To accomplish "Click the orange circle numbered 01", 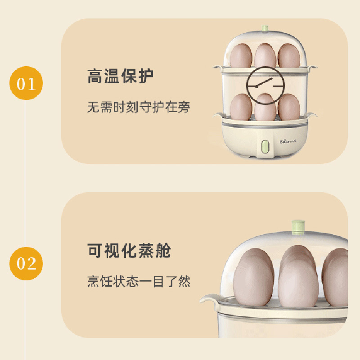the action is pos(26,83).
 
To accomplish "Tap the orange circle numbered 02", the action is pos(26,263).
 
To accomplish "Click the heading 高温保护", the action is pos(120,76).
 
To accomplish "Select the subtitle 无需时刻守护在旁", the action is pos(139,107).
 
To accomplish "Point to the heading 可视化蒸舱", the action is pos(129,251).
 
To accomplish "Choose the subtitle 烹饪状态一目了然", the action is pos(139,281).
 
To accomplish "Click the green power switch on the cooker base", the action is pos(265,147).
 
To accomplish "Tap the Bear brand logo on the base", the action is pos(288,141).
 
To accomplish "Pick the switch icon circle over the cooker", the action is pos(265,85).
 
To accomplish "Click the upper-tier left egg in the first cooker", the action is pos(241,55).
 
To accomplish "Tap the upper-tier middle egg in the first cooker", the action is pos(265,55).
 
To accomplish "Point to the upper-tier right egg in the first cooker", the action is pos(289,55).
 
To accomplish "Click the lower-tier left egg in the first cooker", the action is pos(241,107).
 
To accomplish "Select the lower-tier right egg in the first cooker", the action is pos(289,107).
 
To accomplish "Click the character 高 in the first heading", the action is pos(94,76).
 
